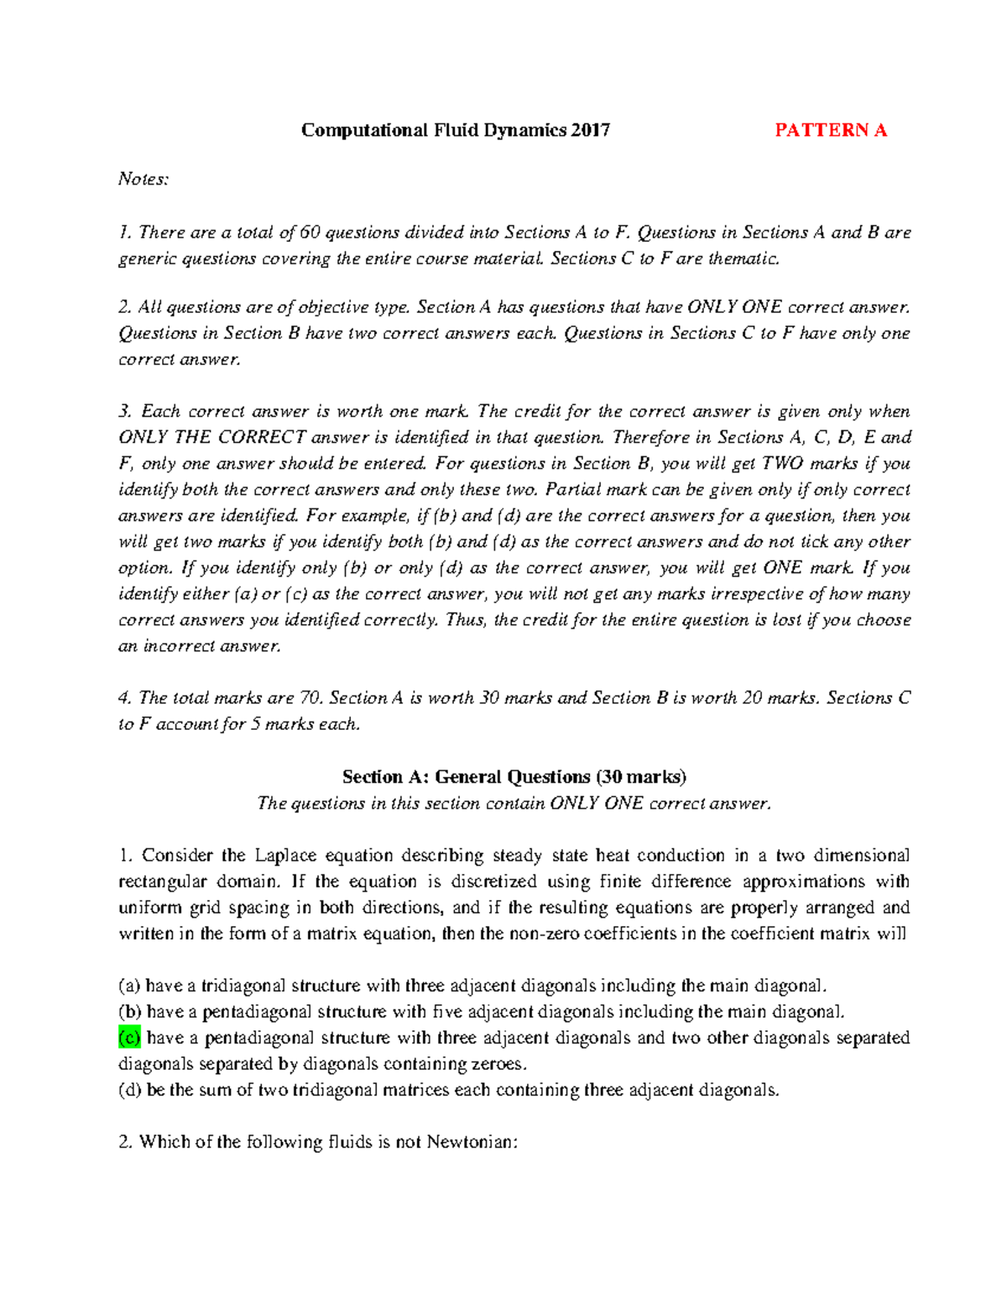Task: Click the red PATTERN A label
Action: [x=830, y=130]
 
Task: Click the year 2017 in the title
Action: [x=590, y=130]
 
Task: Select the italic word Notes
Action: [x=143, y=179]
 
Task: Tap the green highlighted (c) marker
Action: [x=129, y=1038]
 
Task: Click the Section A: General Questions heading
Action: [x=514, y=777]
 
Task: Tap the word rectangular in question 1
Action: [x=162, y=882]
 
